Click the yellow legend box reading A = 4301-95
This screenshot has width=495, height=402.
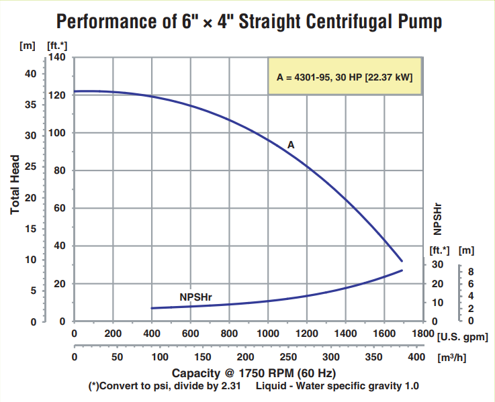point(345,77)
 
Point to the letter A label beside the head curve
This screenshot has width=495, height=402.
point(291,144)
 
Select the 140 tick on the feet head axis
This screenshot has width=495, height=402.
point(56,58)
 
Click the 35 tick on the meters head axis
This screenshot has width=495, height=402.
point(30,104)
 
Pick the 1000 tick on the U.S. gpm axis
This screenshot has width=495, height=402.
point(268,334)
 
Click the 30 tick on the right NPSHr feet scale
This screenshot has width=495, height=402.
point(437,264)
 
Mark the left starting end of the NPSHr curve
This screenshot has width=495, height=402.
point(152,308)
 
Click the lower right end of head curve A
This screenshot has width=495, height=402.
point(402,260)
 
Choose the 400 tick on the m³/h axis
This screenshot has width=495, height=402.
point(416,357)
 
